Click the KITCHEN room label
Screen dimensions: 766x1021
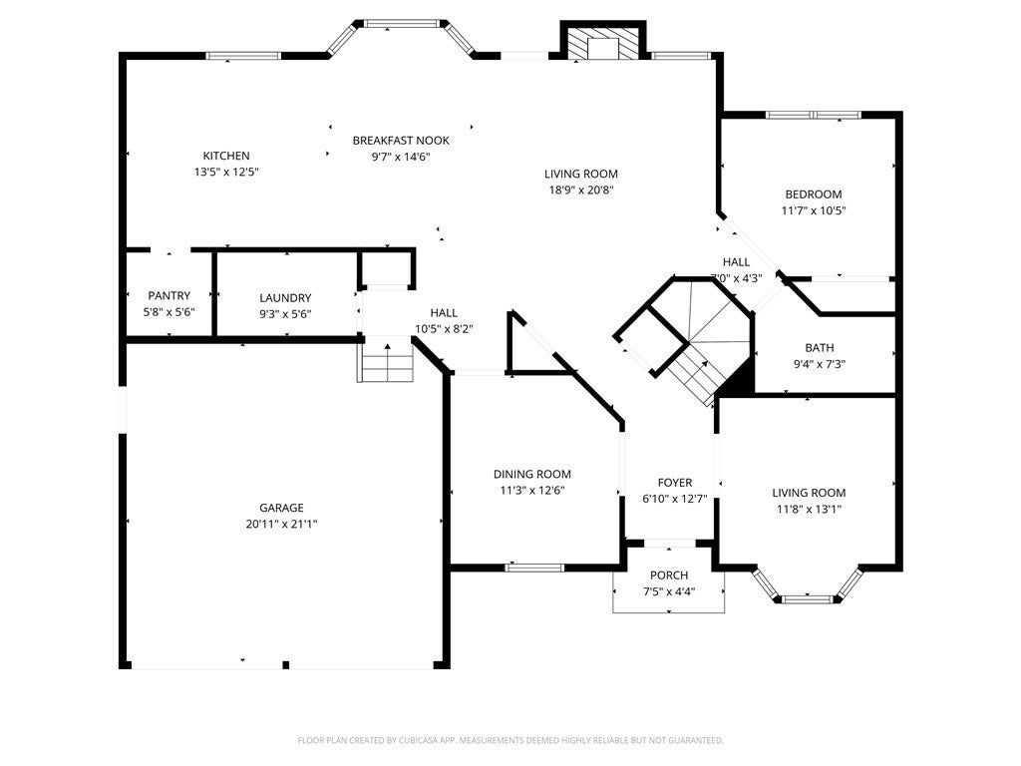226,156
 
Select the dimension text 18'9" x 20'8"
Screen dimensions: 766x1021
580,190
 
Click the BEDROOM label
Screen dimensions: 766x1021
813,194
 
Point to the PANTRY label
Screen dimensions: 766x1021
170,296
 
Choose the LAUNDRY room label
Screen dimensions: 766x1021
285,297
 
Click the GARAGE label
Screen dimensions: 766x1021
282,508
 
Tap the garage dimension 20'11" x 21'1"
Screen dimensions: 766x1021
282,524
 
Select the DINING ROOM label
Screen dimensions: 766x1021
532,474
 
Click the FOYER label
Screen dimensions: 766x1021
674,483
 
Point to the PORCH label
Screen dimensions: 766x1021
669,575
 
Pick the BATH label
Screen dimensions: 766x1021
820,348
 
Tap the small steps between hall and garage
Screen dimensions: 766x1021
386,360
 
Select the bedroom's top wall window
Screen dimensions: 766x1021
813,115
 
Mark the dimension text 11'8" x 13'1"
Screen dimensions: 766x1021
809,509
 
